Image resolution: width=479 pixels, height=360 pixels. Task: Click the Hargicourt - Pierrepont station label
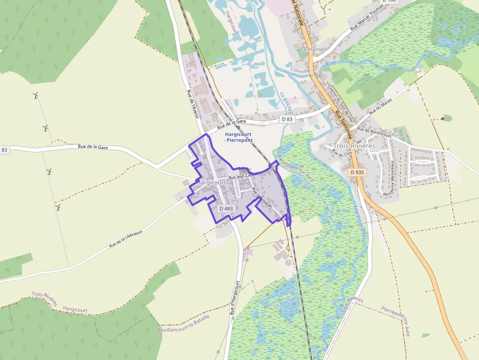pyautogui.click(x=239, y=137)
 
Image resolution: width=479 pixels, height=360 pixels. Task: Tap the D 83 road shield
pyautogui.click(x=287, y=119)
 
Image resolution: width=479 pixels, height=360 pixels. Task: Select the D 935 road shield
pyautogui.click(x=357, y=172)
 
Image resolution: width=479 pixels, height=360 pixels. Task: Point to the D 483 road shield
pyautogui.click(x=226, y=209)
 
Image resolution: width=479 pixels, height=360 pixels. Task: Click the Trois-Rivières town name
pyautogui.click(x=353, y=146)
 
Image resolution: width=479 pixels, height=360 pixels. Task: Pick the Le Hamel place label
pyautogui.click(x=312, y=49)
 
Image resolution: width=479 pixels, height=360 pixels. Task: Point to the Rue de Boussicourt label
pyautogui.click(x=374, y=130)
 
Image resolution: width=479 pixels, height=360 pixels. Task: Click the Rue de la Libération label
pyautogui.click(x=126, y=238)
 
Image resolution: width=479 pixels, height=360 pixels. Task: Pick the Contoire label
pyautogui.click(x=300, y=71)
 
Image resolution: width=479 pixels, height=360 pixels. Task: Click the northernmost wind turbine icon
pyautogui.click(x=35, y=95)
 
